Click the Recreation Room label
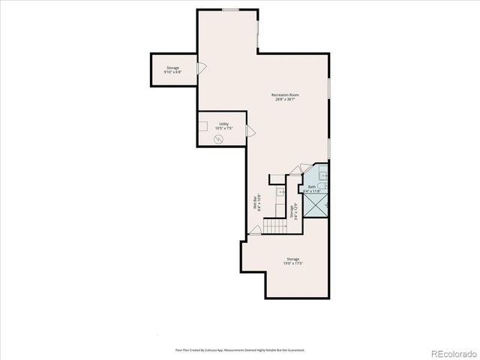[285, 94]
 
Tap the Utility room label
[223, 124]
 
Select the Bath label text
[312, 187]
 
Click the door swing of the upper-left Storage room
[201, 68]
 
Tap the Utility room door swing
[250, 133]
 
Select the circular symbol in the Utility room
[219, 137]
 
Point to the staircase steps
[278, 225]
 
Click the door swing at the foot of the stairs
[256, 230]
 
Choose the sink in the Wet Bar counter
[280, 192]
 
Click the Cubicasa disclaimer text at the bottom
[240, 349]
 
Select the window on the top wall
[230, 10]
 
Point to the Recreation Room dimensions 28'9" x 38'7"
[285, 100]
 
